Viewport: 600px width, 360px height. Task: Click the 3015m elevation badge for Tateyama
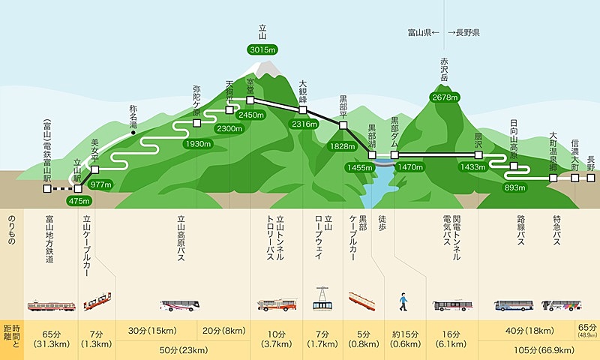point(262,49)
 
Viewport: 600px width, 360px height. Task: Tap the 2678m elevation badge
point(445,97)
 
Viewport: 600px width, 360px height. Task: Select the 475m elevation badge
point(79,201)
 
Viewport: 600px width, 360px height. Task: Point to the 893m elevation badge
point(514,187)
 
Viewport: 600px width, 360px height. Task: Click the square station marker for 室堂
point(250,100)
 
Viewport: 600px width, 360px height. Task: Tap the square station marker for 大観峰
point(303,110)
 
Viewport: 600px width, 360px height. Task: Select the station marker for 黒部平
point(343,125)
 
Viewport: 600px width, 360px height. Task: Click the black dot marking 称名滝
point(133,133)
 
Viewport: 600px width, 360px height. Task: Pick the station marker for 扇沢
point(478,155)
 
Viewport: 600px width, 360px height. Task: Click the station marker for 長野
point(591,178)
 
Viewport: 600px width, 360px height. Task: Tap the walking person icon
point(403,301)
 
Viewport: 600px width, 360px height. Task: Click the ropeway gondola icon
point(322,298)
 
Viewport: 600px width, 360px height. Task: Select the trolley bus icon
point(277,304)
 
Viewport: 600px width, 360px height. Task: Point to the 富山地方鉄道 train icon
point(51,306)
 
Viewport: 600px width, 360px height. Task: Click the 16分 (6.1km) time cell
point(451,339)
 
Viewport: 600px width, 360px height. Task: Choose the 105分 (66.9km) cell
point(539,350)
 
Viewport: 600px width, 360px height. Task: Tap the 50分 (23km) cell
point(184,350)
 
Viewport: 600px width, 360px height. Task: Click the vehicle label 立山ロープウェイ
point(323,237)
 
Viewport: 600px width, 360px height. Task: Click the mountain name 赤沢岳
point(444,70)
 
